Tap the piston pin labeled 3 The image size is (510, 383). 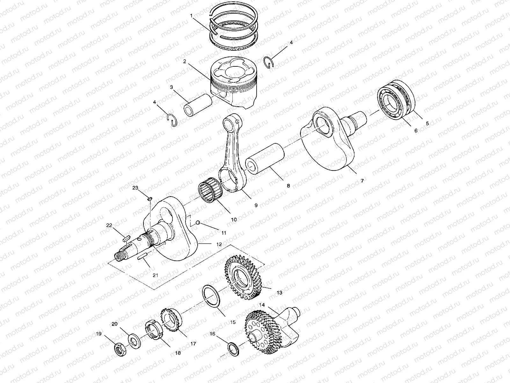click(x=198, y=105)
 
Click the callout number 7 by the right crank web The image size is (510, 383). click(x=362, y=181)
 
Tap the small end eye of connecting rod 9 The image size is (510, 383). click(x=232, y=122)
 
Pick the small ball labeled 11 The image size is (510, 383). click(x=198, y=222)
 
